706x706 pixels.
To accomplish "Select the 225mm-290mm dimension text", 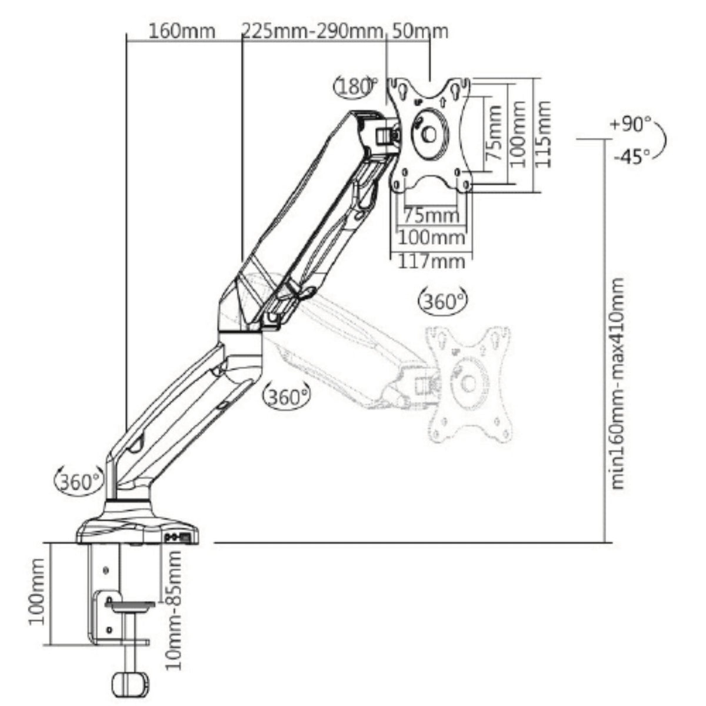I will pos(312,30).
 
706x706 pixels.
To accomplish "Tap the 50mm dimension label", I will pos(419,30).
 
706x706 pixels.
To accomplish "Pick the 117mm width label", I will pos(431,260).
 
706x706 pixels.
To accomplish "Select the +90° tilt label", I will pos(631,125).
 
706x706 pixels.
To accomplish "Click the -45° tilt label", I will pos(631,156).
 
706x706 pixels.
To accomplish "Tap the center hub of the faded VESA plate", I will pos(469,384).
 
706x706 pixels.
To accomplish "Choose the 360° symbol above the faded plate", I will pos(444,301).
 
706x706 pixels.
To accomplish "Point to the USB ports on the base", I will pos(178,537).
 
